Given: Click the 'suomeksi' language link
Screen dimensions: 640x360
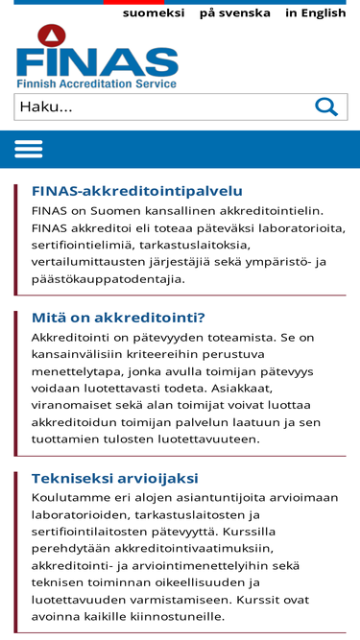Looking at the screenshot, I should (155, 13).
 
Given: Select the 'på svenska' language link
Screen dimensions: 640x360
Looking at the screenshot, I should (235, 13).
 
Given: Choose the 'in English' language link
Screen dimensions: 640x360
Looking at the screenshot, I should (315, 13).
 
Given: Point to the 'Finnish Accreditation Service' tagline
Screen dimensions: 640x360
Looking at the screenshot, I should (97, 84).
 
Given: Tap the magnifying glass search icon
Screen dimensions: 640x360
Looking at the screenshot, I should (326, 107).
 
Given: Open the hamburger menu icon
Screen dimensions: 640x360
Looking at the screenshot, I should (29, 149).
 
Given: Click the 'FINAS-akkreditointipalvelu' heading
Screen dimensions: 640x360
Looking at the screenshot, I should (137, 191).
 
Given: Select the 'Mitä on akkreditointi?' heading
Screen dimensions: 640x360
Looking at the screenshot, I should (119, 318).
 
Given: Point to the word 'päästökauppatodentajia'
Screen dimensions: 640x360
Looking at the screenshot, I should (108, 279).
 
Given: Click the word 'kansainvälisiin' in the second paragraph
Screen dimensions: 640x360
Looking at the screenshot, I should (84, 355).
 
